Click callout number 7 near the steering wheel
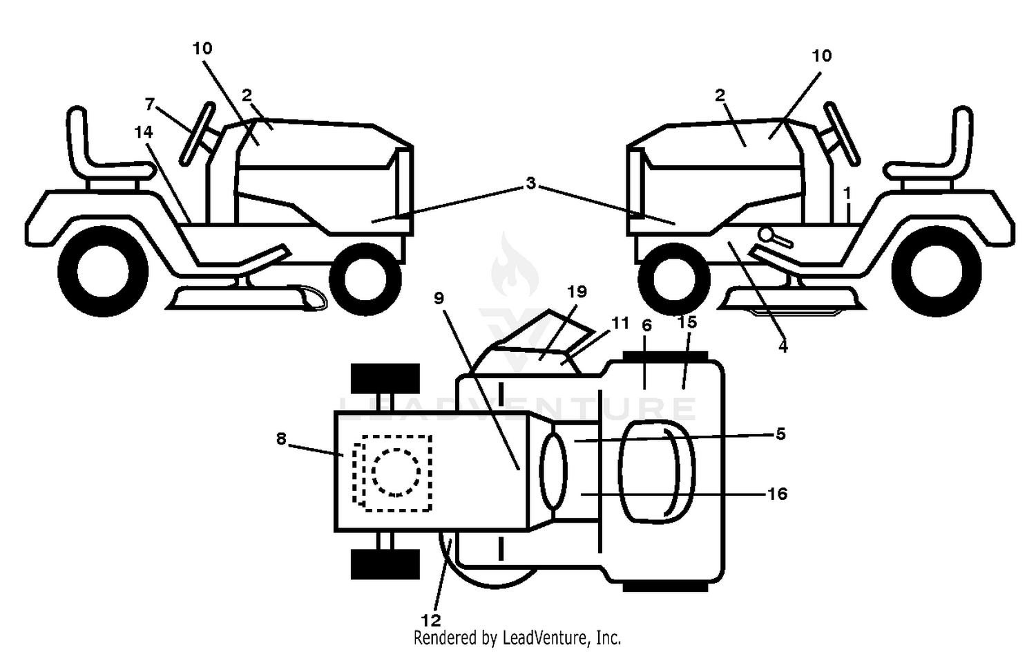(x=149, y=104)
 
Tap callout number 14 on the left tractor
(x=144, y=133)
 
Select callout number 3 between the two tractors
(x=530, y=183)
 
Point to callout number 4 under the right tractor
(x=783, y=346)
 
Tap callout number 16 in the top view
(x=778, y=494)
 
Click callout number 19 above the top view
(x=577, y=292)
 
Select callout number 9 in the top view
(x=439, y=299)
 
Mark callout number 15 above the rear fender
(x=687, y=322)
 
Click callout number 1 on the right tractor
(x=847, y=193)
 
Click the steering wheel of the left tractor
(x=198, y=133)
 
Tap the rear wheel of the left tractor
(x=103, y=272)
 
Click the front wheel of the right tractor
(x=674, y=279)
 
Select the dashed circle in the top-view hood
(x=396, y=472)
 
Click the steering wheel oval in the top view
(x=553, y=472)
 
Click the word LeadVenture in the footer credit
(x=546, y=638)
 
